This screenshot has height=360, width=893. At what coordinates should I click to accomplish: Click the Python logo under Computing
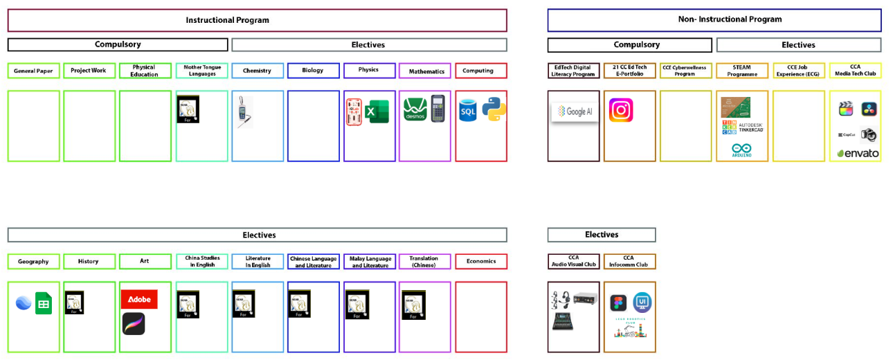click(494, 109)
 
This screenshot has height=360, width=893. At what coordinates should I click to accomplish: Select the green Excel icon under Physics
click(378, 111)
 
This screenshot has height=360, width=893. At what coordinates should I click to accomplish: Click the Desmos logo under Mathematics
click(415, 110)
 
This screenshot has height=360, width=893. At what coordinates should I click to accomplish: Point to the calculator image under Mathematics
click(438, 109)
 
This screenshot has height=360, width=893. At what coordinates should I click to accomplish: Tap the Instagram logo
click(621, 110)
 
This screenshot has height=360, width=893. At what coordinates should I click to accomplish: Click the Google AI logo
click(575, 111)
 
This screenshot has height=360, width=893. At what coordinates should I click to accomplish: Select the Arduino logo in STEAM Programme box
click(741, 150)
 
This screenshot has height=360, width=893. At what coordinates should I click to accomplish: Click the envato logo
click(858, 153)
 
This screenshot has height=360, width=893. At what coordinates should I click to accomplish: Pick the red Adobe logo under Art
click(139, 299)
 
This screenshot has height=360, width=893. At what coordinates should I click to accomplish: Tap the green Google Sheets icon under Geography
click(44, 303)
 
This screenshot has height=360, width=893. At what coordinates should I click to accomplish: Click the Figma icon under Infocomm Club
click(618, 303)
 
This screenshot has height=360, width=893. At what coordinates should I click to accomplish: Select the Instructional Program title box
click(257, 20)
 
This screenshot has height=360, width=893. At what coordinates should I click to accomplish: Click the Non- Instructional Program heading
click(714, 20)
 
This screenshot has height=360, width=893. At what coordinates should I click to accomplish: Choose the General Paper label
click(34, 71)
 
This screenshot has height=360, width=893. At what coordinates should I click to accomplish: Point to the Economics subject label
click(481, 262)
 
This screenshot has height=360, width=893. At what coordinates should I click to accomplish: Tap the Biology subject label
click(313, 71)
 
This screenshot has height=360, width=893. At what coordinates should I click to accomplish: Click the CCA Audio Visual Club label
click(573, 261)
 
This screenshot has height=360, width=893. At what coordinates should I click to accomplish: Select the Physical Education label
click(145, 71)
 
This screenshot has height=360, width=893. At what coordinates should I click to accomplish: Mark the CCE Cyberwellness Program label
click(685, 71)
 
